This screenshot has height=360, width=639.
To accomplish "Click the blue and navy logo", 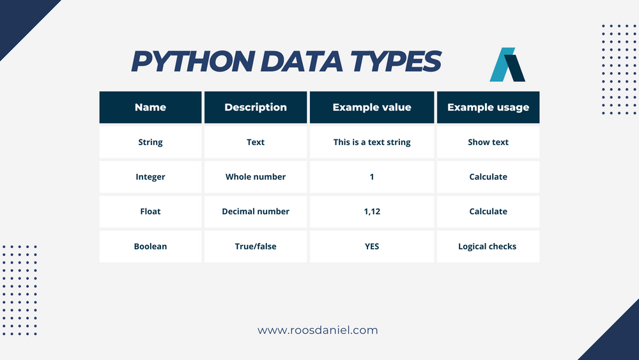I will pos(507,65).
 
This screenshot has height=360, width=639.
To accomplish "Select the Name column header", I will pos(150,107).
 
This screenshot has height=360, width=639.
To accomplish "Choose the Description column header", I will pos(256,107).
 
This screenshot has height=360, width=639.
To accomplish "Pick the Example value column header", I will pos(372,107).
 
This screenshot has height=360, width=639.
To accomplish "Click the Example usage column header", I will pos(488,107).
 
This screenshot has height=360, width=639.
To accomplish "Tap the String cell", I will pos(150,142).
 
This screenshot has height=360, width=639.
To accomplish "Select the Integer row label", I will pos(150,176).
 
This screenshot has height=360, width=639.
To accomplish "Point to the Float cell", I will pos(150,211).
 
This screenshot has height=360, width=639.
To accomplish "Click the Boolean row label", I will pos(150,246).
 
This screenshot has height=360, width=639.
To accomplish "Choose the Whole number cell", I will pos(256,176).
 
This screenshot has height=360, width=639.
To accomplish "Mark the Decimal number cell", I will pos(256,211).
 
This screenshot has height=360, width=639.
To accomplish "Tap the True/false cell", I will pos(256,246).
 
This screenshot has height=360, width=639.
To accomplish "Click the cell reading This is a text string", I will pos(372,142).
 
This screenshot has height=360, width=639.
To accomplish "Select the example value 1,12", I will pos(372,211).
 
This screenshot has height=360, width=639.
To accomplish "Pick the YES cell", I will pos(372,246).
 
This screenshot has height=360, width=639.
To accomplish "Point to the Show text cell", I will pos(488,142).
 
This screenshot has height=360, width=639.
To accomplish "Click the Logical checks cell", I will pos(488,246).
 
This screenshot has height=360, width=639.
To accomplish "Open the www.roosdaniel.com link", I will pos(318,331).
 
